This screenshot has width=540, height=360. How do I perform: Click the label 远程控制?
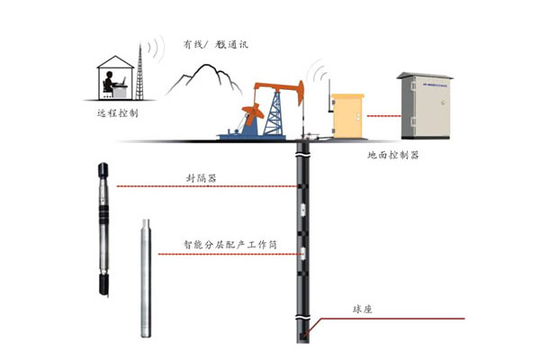pyautogui.click(x=118, y=113)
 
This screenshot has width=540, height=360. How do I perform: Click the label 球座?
pyautogui.click(x=362, y=309)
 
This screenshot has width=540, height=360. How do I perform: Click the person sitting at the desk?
pyautogui.click(x=112, y=85)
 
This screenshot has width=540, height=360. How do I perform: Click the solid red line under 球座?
pyautogui.click(x=387, y=319)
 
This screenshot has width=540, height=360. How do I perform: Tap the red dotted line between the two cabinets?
pyautogui.click(x=382, y=115)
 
